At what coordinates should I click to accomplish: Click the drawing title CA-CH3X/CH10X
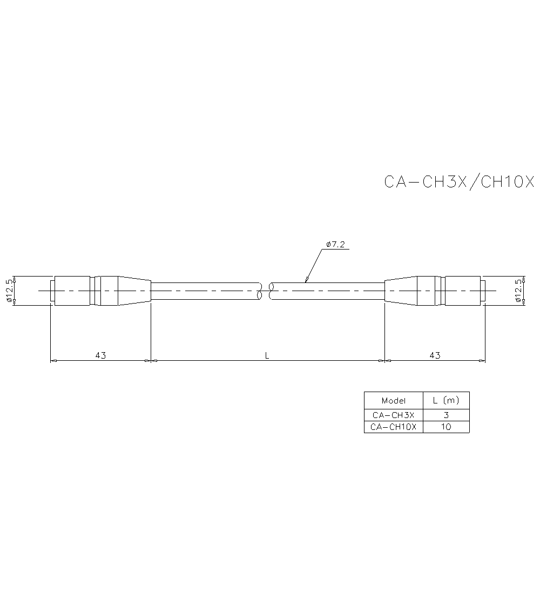459,181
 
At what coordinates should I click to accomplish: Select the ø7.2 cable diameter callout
335,245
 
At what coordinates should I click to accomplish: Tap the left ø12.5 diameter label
9,291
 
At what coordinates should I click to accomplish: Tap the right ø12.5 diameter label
518,291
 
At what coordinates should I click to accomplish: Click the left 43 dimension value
100,355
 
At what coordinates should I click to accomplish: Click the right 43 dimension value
435,355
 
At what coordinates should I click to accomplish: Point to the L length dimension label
267,355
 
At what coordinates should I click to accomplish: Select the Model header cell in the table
393,400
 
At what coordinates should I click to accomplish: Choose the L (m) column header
446,400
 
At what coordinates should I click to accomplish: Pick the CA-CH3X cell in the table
393,415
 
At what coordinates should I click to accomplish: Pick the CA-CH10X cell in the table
393,427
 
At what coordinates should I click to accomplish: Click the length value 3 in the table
446,415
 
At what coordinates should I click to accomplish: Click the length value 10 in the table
446,427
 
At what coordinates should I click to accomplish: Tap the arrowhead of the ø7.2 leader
306,280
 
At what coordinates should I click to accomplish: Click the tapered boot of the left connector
134,291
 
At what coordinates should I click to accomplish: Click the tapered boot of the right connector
400,291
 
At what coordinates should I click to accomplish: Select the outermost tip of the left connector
52,291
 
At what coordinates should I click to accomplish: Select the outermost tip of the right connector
483,291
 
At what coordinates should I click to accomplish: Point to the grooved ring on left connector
96,291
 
